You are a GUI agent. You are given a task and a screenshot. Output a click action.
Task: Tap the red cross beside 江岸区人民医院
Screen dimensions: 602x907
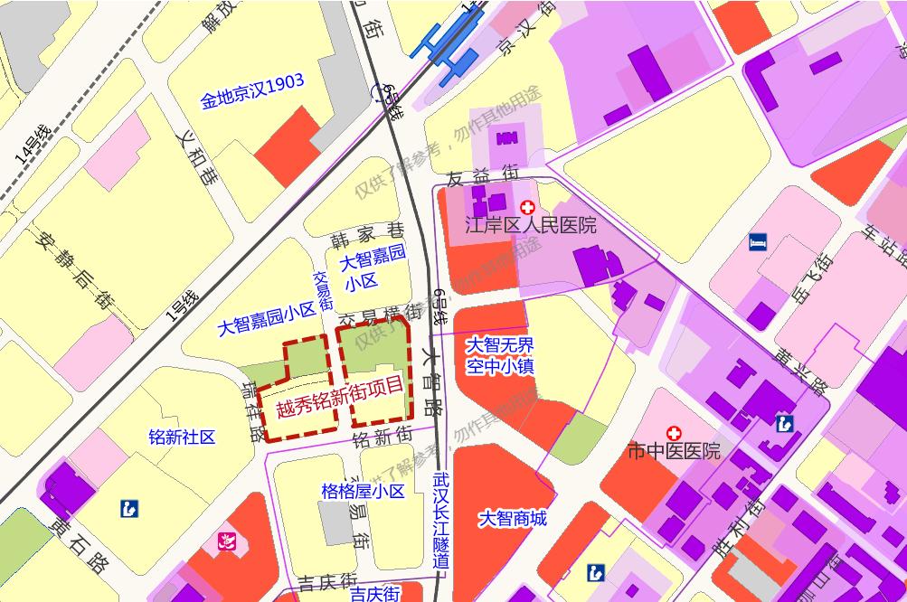coord(527,209)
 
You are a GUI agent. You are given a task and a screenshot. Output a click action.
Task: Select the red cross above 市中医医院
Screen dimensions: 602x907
coord(673,434)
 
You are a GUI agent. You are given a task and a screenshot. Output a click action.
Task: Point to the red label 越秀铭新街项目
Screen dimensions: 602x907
coord(340,398)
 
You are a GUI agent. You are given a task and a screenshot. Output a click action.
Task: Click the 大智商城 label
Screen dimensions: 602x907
coord(513,519)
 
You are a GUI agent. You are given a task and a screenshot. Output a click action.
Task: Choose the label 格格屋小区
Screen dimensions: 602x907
coord(363,492)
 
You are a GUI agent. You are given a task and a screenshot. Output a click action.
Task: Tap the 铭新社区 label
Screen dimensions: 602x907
coord(182,437)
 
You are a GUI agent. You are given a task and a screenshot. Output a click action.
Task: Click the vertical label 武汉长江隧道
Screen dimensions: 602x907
coord(440,519)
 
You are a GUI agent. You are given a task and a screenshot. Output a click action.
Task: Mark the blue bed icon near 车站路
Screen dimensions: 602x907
coord(758,241)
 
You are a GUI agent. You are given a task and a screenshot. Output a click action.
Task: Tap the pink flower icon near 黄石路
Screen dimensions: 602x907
coord(223,542)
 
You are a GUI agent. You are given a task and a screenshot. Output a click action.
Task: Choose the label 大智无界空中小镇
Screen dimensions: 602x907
coord(500,355)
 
